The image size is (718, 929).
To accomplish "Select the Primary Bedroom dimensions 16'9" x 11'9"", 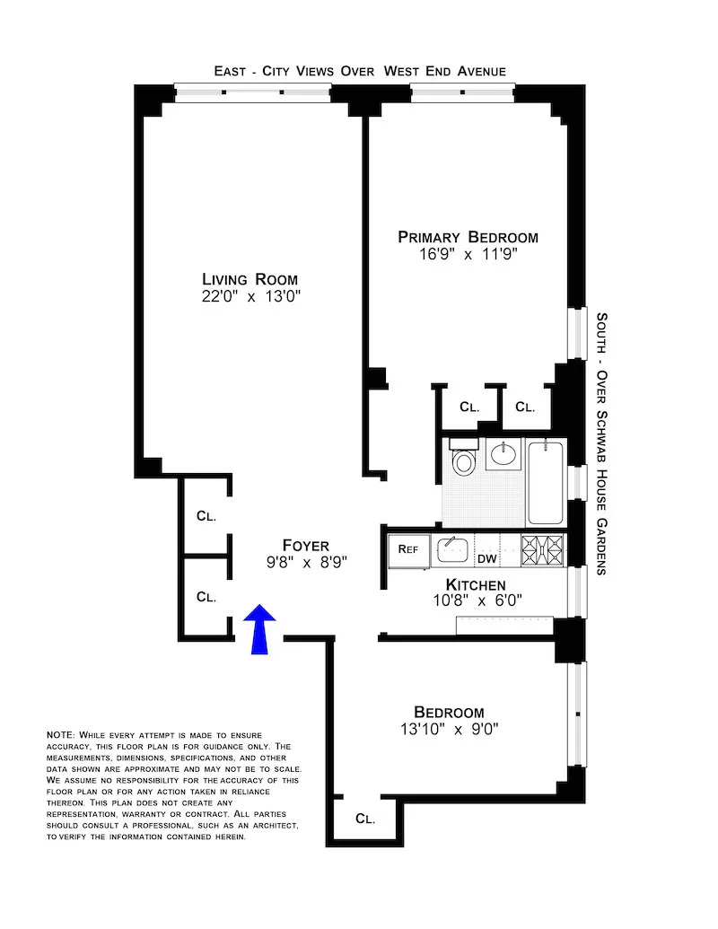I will (468, 254).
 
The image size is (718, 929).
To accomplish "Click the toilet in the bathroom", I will (463, 460).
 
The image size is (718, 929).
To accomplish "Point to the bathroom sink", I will (504, 454).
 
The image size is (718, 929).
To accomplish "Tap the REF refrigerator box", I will (408, 549).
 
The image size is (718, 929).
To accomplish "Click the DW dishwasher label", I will (486, 559).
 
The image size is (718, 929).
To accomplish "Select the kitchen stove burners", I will (543, 548).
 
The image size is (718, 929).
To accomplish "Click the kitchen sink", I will (452, 548).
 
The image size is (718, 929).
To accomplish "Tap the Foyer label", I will (305, 545).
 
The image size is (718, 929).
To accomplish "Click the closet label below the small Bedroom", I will (364, 819).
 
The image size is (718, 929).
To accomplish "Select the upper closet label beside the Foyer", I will (206, 516).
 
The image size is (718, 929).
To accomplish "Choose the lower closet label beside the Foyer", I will (206, 596).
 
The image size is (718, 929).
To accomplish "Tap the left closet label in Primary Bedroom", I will (469, 407).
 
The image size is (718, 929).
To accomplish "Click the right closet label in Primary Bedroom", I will (525, 407).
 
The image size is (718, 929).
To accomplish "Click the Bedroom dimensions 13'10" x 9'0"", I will (450, 729).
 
